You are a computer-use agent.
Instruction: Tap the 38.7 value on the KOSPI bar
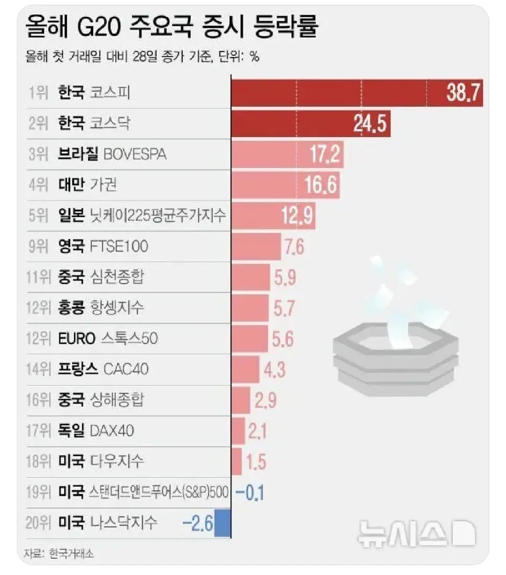click(464, 93)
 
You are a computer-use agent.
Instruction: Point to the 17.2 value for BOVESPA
click(324, 154)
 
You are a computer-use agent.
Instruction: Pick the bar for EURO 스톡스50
click(249, 338)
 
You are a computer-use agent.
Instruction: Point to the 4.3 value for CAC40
click(275, 369)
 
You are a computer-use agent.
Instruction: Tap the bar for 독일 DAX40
click(238, 431)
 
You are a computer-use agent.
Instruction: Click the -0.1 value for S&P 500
click(251, 492)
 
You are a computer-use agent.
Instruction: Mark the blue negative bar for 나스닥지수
click(223, 523)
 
